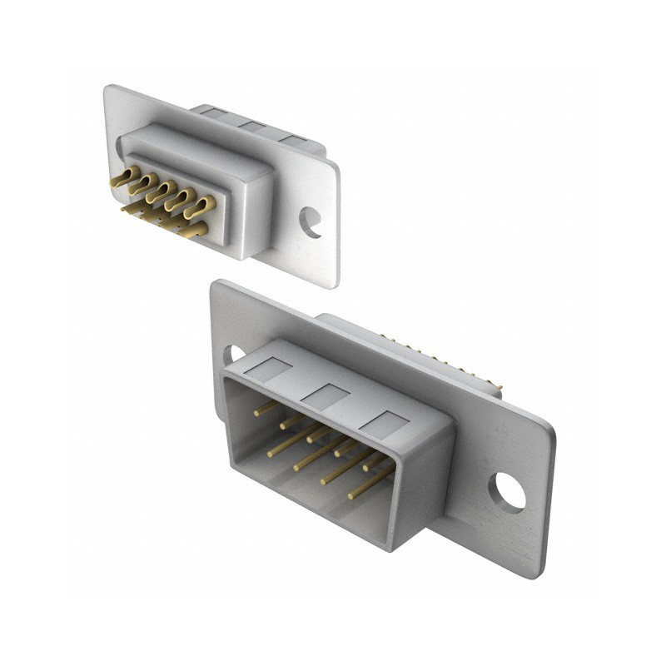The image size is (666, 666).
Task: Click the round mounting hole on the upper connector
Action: click(311, 222)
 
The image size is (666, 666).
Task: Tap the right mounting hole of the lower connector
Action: click(507, 491)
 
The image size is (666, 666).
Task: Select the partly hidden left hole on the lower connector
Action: click(234, 355)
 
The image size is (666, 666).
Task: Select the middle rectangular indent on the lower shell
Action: click(324, 396)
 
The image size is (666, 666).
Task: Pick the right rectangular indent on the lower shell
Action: click(384, 425)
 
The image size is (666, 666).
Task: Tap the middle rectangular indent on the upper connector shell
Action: click(251, 126)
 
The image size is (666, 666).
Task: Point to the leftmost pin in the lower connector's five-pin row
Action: click(265, 409)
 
